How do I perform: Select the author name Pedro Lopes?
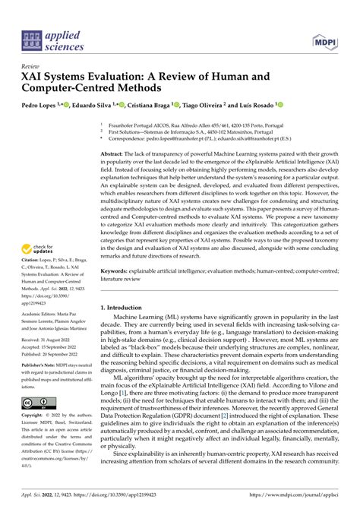coord(36,106)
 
